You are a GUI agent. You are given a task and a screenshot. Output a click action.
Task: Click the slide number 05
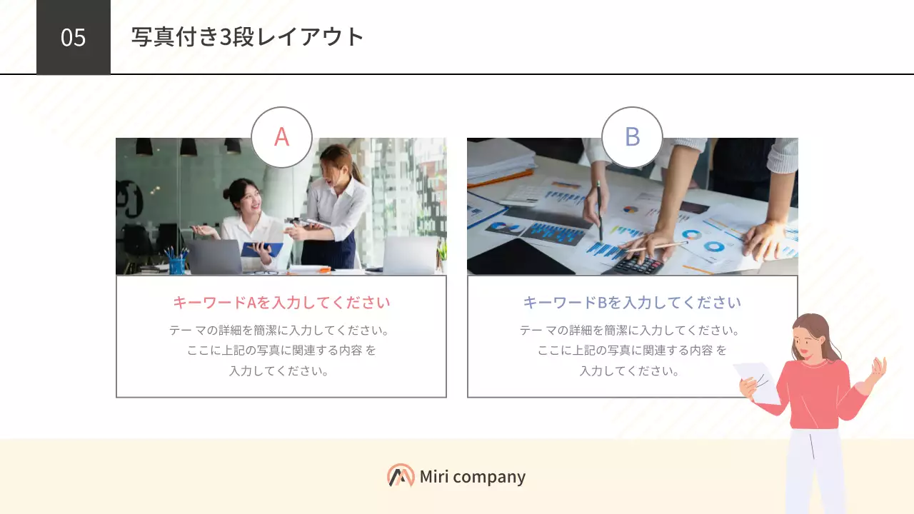pos(73,37)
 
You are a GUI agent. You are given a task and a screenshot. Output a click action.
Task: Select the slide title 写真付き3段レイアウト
pos(248,37)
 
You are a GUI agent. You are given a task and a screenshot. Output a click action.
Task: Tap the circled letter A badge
pos(281,137)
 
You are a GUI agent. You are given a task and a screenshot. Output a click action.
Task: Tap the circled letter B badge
pos(632,137)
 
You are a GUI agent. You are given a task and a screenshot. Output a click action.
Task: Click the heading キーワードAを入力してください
pos(281,303)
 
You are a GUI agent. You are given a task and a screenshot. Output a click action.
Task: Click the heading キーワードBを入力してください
pos(632,303)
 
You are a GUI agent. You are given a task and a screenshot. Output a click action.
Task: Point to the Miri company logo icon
pos(401,475)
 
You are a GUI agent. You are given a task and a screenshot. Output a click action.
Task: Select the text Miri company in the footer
pos(473,477)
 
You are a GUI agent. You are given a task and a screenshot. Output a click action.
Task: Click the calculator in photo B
pos(637,265)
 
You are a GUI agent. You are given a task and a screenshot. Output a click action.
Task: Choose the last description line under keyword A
pos(281,371)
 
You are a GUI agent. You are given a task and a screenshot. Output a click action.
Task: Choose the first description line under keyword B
pos(632,331)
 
